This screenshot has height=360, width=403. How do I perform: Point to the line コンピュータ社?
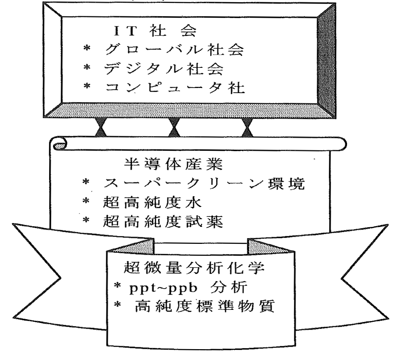173,88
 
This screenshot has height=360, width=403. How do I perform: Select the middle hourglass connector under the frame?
174,128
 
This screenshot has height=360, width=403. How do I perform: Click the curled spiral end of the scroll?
60,146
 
